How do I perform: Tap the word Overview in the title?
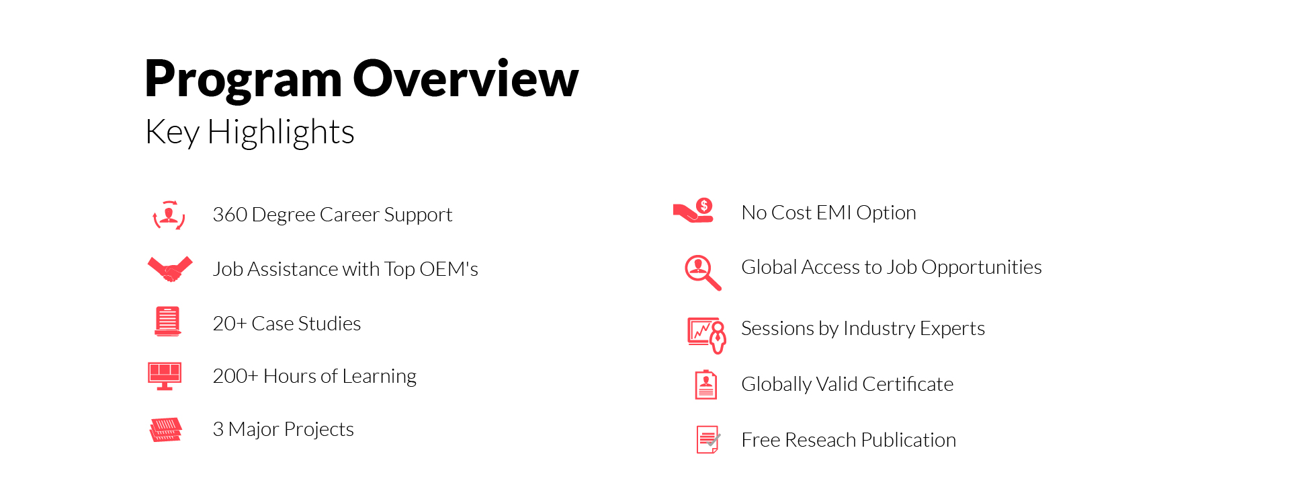coord(466,78)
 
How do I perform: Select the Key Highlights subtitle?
coord(249,133)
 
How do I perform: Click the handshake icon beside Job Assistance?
coord(170,268)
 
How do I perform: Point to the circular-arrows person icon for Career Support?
coord(169,215)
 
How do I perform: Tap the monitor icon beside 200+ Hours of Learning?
coord(165,376)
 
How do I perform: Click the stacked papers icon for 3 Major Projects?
coord(166,430)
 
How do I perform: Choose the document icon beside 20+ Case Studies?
coord(167,321)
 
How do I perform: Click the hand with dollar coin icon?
coord(693,211)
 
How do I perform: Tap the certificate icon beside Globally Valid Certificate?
coord(705,385)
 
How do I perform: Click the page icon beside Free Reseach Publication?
coord(708,440)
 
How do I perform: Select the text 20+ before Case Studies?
coord(230,324)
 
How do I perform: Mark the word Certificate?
coord(908,384)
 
